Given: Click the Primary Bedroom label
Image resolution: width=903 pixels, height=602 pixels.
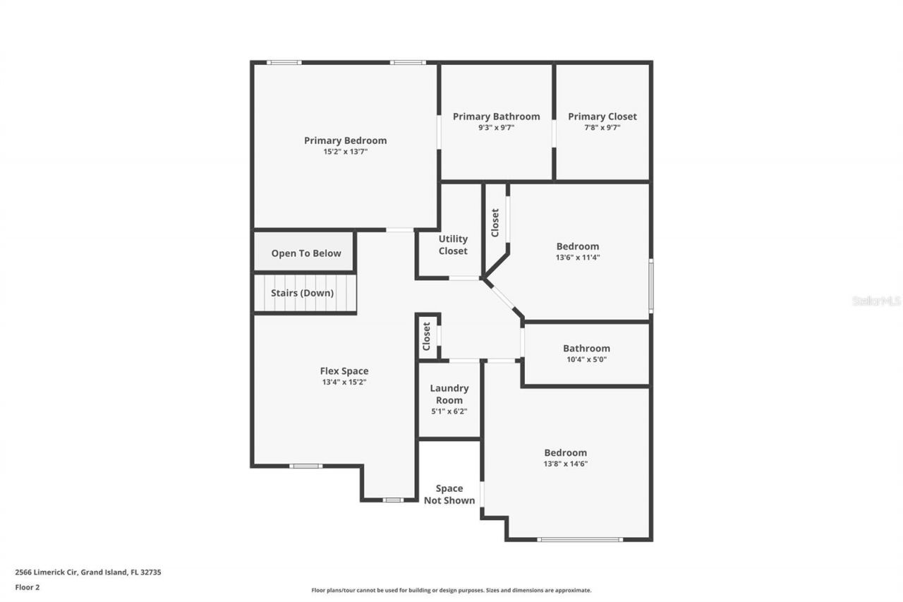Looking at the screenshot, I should coord(345,140).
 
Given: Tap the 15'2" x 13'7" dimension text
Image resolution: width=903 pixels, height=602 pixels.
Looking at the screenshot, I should coord(345,152).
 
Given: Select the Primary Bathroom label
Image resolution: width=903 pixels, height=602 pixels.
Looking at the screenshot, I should coord(496,116).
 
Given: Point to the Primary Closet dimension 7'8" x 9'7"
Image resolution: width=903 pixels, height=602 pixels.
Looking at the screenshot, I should coord(602,128).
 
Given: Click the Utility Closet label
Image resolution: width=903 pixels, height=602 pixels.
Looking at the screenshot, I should coord(452,245).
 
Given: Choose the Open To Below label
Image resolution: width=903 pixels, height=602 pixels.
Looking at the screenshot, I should coord(306,253).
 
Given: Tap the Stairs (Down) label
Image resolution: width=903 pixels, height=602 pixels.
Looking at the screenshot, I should coord(303,293).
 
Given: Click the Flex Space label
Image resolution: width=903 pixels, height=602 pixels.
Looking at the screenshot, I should coord(344,371).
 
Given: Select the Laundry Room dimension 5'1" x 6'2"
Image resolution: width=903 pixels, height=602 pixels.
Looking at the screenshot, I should coord(449,411).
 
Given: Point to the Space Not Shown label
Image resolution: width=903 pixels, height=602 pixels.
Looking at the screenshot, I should coord(449,494).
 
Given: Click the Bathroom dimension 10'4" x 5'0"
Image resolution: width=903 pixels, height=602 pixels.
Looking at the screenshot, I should coord(586,359).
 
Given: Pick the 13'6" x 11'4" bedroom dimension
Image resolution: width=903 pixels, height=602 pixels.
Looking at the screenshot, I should coord(578,258).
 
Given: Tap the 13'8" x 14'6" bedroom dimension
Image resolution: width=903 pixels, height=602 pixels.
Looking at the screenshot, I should coord(565,464).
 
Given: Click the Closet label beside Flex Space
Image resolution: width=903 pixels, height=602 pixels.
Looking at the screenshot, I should coord(426,337).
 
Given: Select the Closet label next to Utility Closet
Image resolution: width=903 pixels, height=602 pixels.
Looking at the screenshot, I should coord(495,222).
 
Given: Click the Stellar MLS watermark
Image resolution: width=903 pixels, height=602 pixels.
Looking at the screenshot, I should coord(876,301).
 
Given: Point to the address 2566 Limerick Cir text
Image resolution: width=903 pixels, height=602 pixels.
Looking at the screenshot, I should coord(88,572).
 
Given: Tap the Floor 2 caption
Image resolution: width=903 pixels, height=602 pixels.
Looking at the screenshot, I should coord(28,586).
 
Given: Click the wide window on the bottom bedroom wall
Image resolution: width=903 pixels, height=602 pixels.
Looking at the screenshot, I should coord(580,540).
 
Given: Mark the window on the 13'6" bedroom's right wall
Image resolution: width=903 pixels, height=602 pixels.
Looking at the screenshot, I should coord(650,285).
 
